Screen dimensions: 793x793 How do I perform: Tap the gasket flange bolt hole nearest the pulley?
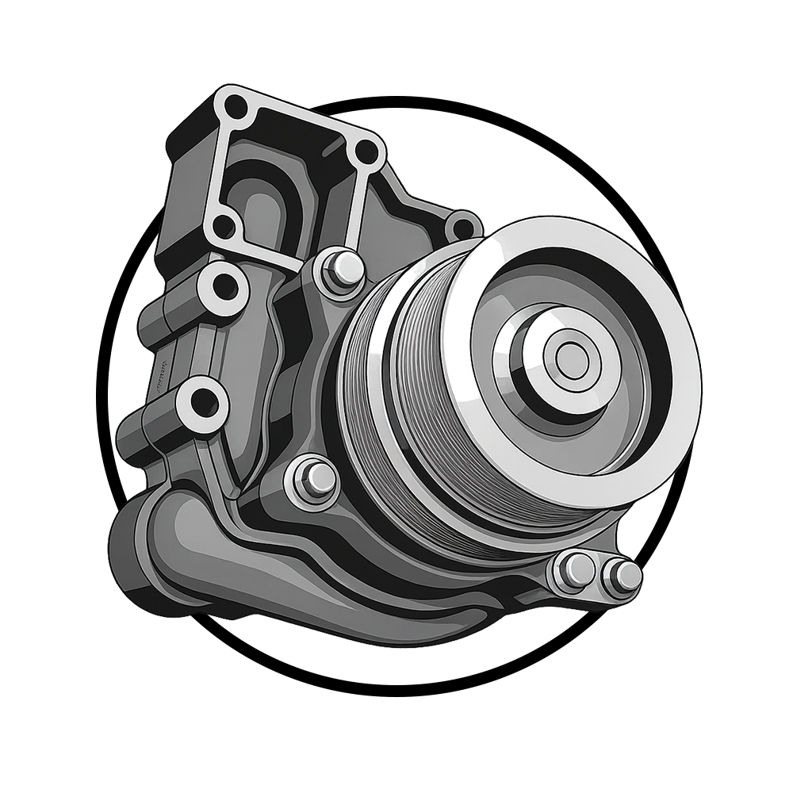366,149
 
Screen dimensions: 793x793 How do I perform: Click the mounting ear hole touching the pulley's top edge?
462,228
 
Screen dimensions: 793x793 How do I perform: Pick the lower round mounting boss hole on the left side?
205,404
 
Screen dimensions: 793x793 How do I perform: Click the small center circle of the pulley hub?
568,359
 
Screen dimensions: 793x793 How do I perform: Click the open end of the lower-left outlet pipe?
127,547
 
